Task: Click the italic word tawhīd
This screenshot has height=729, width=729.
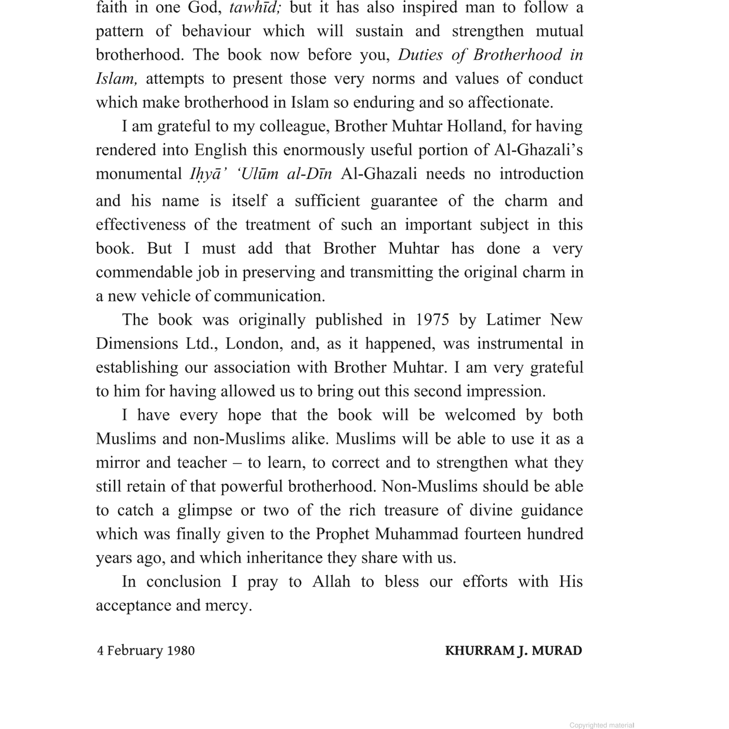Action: [255, 8]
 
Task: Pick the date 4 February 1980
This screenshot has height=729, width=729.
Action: [146, 650]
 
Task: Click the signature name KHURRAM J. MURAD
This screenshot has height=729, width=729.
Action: [513, 650]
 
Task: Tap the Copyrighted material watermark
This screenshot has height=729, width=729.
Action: [601, 725]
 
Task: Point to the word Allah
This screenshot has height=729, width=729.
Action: [331, 582]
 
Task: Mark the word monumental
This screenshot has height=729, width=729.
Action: [139, 174]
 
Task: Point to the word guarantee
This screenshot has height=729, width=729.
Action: [404, 201]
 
